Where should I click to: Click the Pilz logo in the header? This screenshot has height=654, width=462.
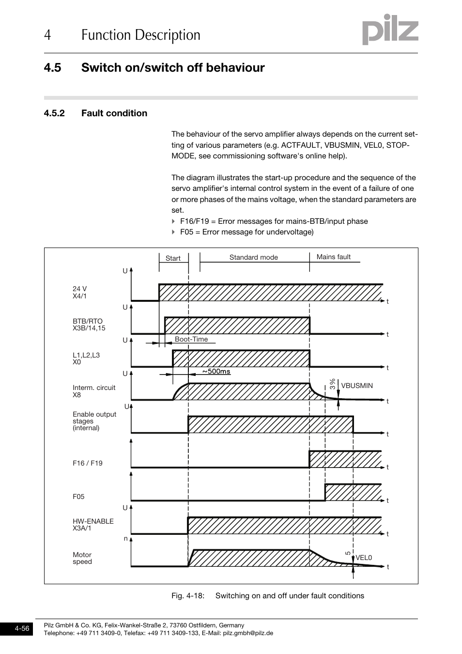390,30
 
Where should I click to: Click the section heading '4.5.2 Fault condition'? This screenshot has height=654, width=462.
95,113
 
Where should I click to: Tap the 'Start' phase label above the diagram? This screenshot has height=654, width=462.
173,258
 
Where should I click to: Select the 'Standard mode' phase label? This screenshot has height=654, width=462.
253,257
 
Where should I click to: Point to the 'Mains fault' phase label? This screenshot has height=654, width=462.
333,257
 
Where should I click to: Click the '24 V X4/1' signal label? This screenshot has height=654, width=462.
80,293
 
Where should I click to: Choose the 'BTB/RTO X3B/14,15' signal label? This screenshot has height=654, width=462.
89,325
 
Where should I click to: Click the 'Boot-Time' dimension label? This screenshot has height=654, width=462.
191,339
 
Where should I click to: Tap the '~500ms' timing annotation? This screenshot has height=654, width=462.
216,372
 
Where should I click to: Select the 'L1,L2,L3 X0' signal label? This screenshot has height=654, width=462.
86,358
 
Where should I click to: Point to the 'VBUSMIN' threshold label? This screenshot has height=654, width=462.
357,386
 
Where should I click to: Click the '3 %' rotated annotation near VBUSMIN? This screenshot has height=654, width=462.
333,384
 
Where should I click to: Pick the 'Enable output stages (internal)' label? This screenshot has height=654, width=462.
94,421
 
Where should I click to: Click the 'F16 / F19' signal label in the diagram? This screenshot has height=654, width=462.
88,463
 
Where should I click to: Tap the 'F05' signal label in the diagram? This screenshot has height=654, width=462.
78,497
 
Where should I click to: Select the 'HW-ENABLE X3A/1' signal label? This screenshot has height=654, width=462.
93,525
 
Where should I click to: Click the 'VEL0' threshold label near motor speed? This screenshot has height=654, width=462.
364,558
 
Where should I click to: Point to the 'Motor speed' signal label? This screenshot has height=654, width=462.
82,558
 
